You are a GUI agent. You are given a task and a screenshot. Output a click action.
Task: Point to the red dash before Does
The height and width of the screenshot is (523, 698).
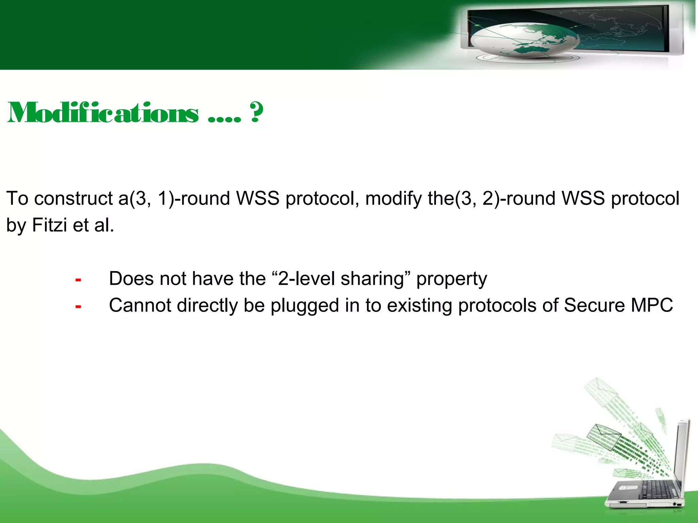point(78,280)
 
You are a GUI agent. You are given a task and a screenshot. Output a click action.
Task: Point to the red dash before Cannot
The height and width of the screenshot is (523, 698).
point(78,307)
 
